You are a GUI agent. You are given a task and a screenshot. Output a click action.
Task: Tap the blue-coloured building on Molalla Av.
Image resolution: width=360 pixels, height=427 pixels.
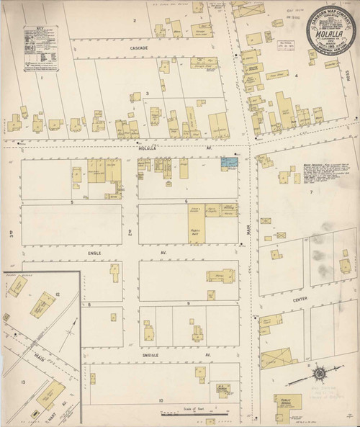230,164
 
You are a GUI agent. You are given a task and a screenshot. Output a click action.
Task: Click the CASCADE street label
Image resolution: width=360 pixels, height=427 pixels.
139,48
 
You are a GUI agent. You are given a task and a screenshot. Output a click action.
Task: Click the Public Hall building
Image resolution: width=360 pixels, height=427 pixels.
196,231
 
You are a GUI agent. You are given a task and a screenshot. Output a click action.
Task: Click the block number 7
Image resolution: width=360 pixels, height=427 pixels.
311,192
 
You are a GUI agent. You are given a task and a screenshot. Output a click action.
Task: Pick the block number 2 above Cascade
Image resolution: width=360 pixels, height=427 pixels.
134,20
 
